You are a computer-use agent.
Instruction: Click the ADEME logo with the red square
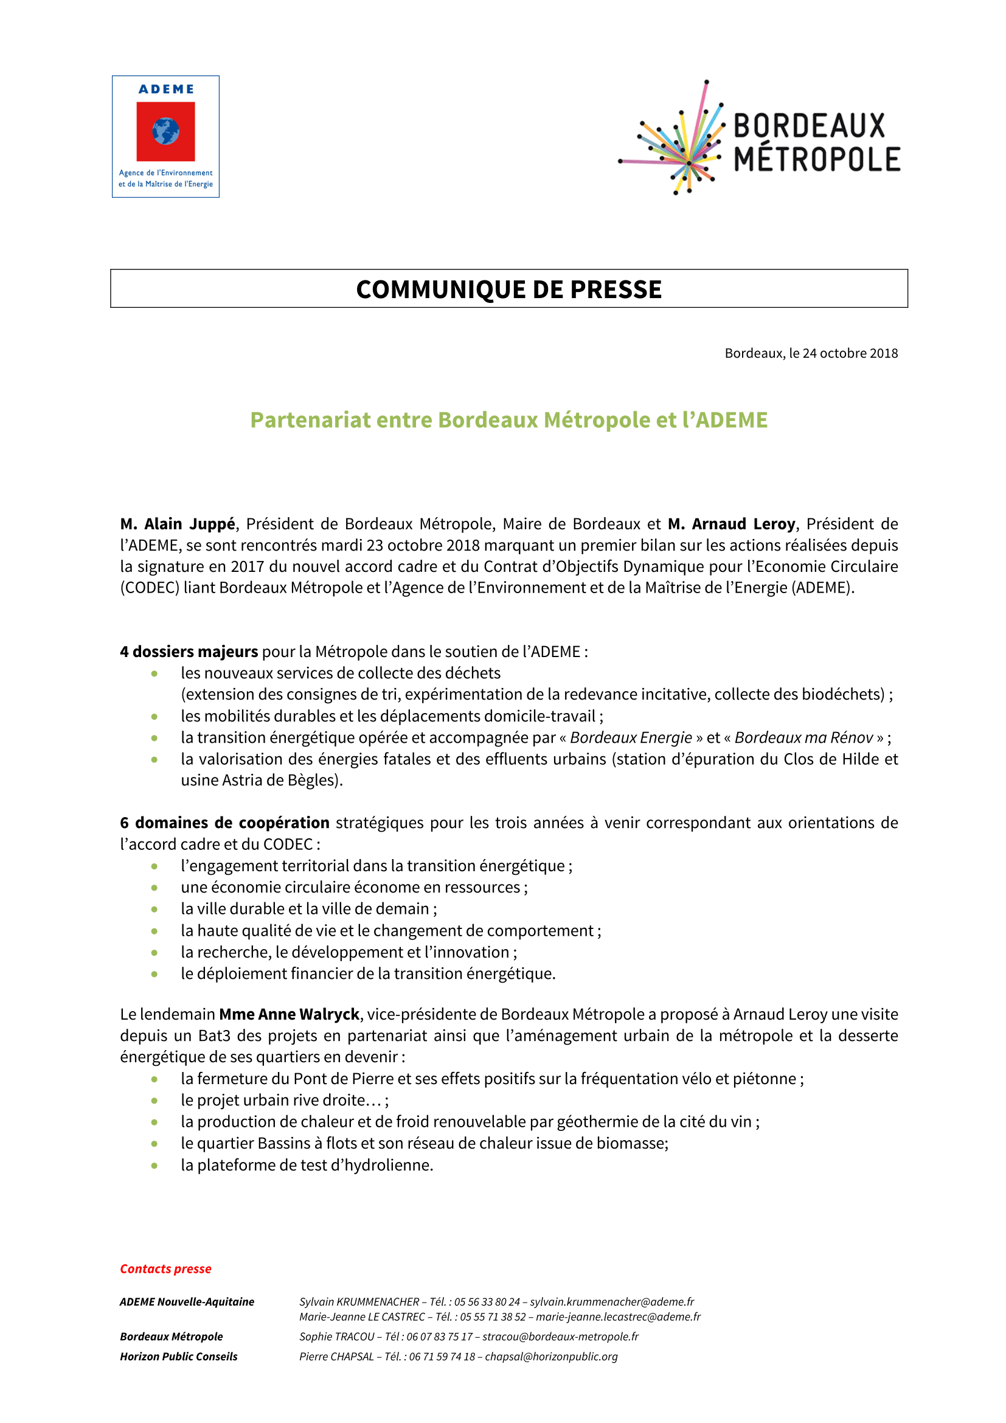pos(165,136)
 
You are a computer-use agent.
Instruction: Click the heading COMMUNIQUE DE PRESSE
pos(508,290)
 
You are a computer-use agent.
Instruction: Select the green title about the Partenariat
pos(508,420)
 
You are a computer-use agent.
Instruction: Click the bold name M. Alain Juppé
pos(178,524)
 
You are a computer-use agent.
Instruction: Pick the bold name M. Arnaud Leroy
pos(731,524)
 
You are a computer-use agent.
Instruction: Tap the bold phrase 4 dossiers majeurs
pos(189,652)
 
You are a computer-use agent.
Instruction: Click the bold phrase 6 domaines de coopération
pos(225,823)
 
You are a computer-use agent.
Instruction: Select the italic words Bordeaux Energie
pos(631,737)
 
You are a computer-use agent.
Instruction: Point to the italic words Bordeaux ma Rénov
pos(803,737)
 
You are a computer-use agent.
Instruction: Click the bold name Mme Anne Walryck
pos(290,1015)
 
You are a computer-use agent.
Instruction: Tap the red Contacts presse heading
pos(165,1268)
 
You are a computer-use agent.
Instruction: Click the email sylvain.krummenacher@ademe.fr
pos(611,1302)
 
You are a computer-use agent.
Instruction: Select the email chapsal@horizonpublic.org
pos(551,1357)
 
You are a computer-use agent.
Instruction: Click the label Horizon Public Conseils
pos(178,1357)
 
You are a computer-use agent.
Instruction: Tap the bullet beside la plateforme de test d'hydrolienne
pos(154,1166)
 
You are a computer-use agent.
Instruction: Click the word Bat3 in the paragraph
pos(214,1036)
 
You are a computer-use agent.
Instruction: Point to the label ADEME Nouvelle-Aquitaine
pos(187,1302)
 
